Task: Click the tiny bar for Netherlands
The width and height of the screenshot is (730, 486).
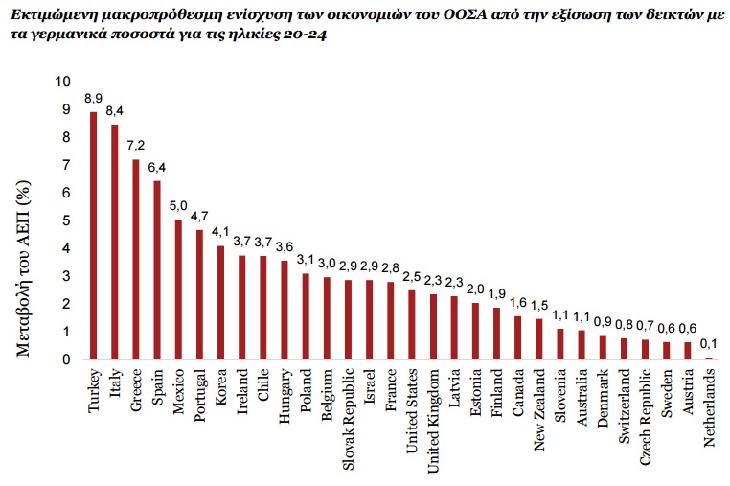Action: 709,359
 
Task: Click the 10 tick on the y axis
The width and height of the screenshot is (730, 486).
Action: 62,81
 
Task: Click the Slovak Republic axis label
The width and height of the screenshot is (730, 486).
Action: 349,416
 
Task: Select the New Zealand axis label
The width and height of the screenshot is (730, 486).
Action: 539,409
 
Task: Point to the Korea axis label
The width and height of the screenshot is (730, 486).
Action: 221,387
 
